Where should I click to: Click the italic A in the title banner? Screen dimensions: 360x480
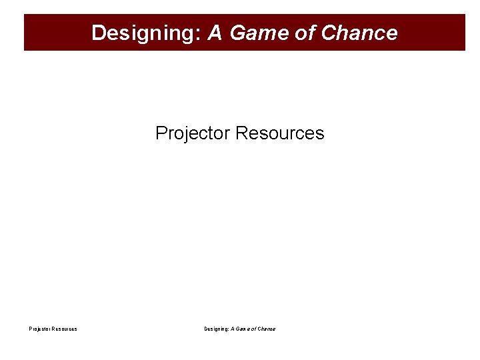click(x=215, y=33)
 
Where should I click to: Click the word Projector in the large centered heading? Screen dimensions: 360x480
click(x=193, y=133)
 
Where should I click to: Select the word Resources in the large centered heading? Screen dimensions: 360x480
click(x=280, y=133)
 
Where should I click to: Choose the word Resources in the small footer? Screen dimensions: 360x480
click(x=64, y=329)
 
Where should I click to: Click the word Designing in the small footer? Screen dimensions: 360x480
click(x=216, y=329)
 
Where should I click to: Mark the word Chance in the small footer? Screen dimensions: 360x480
click(x=266, y=329)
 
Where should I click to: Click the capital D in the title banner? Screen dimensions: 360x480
click(x=98, y=33)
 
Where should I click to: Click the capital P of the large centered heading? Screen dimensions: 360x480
click(x=161, y=133)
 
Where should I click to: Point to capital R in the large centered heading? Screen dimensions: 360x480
click(x=241, y=133)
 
